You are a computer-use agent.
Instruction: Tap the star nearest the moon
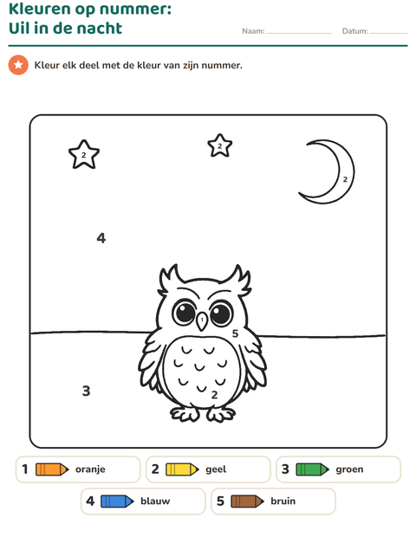pos(219,146)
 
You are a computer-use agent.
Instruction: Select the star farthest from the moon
pos(84,154)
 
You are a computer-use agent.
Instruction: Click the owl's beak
pos(202,320)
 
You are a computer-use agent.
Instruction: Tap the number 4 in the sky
pos(101,237)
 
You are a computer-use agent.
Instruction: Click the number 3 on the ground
pos(87,391)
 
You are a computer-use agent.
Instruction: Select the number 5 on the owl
pos(235,333)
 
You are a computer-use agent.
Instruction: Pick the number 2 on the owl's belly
pos(215,395)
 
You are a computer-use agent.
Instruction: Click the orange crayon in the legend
pos(52,469)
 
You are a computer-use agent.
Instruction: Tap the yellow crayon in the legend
pos(182,469)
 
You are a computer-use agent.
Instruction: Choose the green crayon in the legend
pos(313,469)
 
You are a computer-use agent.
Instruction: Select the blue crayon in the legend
pos(117,501)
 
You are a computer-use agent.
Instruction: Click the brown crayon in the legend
pos(247,501)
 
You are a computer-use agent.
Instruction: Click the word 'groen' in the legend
pos(349,469)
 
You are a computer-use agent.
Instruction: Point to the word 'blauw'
pos(155,501)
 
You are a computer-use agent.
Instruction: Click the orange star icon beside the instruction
pos(18,65)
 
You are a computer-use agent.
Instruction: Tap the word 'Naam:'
pos(253,31)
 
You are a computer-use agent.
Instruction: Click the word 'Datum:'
pos(355,31)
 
